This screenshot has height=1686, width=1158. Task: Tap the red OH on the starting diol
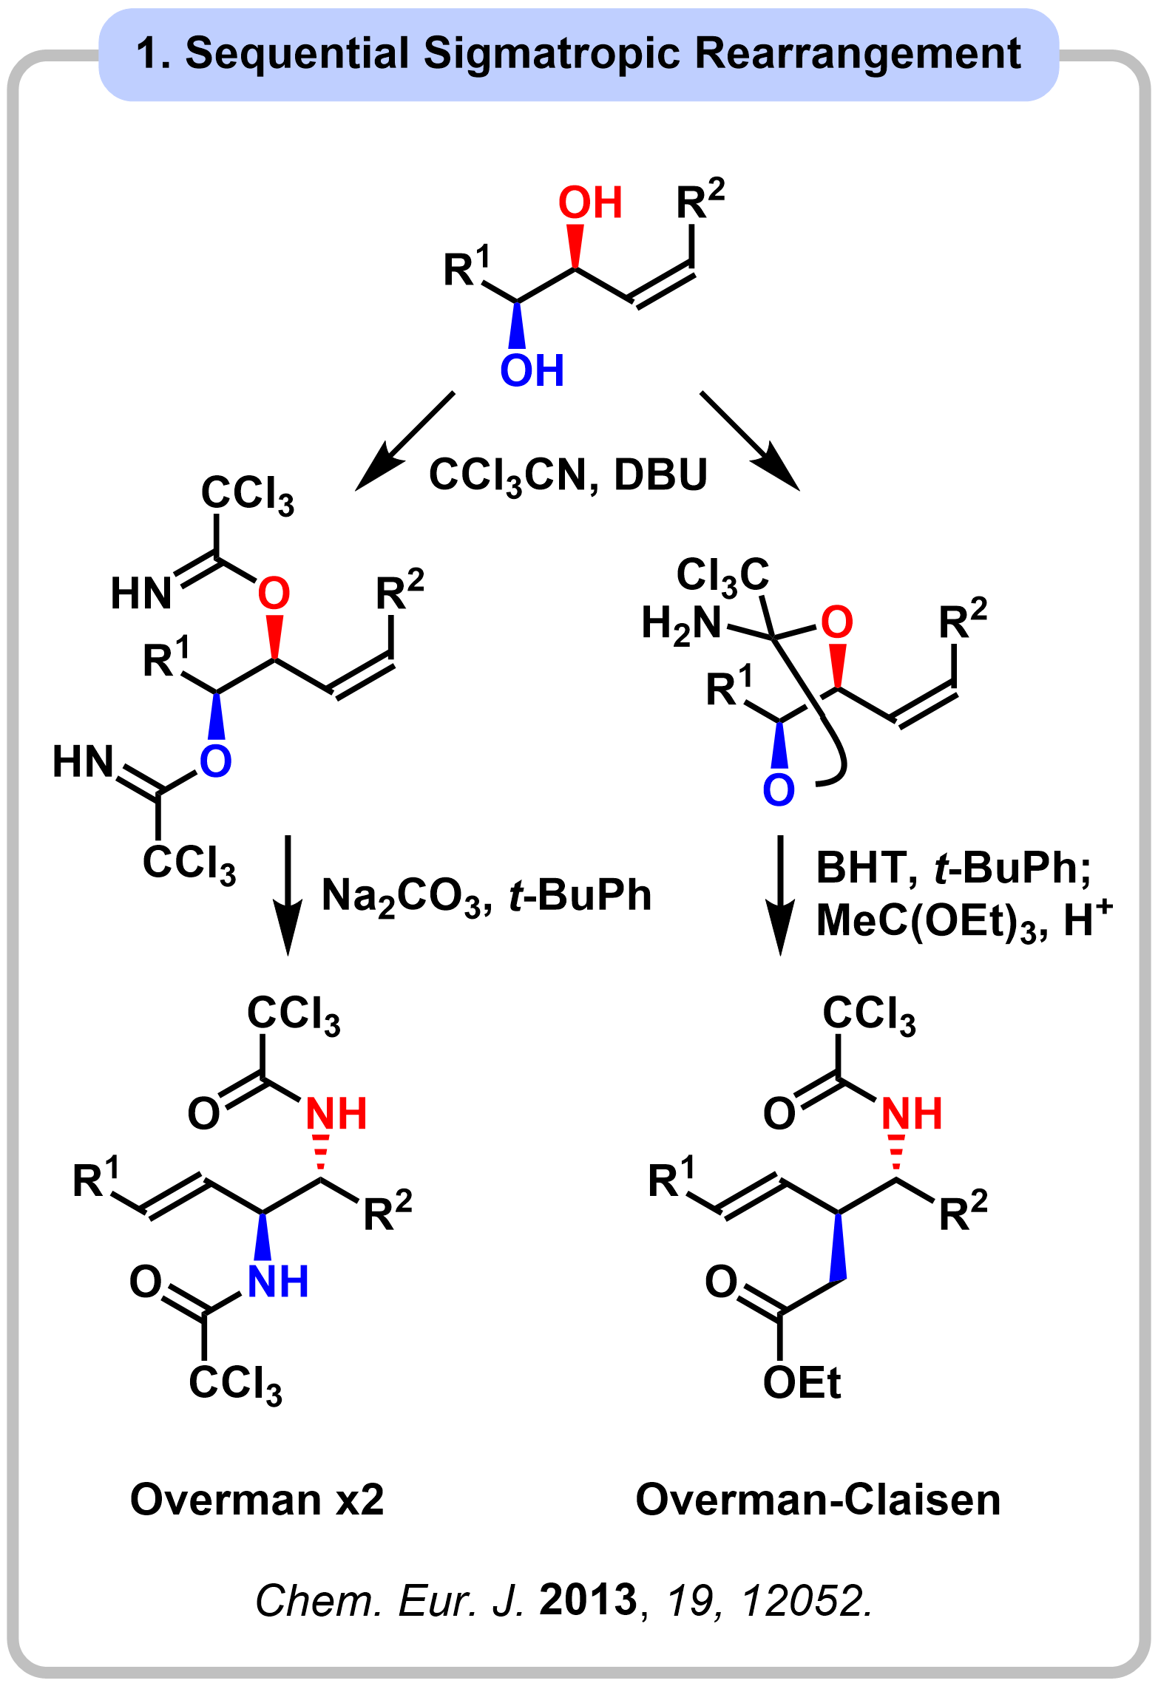589,203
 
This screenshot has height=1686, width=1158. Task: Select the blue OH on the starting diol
532,370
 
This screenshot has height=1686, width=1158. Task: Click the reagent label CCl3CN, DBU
568,475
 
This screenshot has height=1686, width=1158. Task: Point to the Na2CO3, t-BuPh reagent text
487,896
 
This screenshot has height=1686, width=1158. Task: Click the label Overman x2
257,1500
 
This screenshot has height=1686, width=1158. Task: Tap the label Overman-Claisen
818,1500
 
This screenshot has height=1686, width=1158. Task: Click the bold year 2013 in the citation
588,1600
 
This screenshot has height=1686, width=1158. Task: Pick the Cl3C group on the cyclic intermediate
722,575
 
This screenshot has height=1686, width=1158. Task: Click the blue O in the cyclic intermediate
778,789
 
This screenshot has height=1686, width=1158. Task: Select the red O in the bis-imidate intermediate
274,593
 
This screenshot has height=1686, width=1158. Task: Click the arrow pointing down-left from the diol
404,441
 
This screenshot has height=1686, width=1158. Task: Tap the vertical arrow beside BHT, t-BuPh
780,894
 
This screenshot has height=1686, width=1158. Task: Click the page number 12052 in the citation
807,1601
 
